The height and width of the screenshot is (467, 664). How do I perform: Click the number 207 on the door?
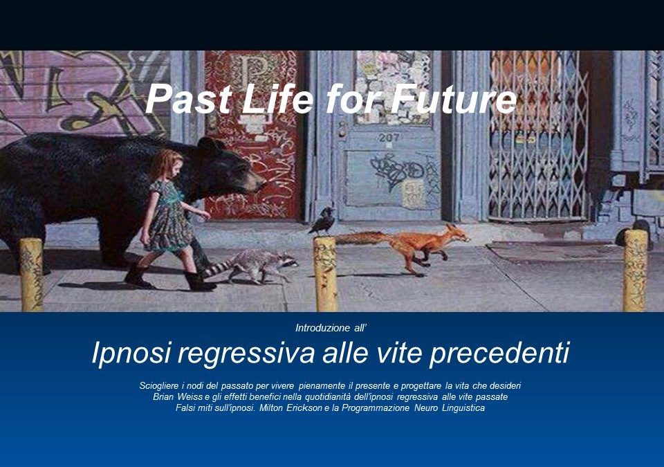pos(389,138)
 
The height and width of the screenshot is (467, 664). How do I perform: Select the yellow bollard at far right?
pos(635,270)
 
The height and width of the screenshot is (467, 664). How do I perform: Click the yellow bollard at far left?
pos(31,274)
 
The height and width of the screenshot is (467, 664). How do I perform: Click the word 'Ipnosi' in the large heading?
pos(131,354)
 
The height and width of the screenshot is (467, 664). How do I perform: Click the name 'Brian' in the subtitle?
pos(165,397)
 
